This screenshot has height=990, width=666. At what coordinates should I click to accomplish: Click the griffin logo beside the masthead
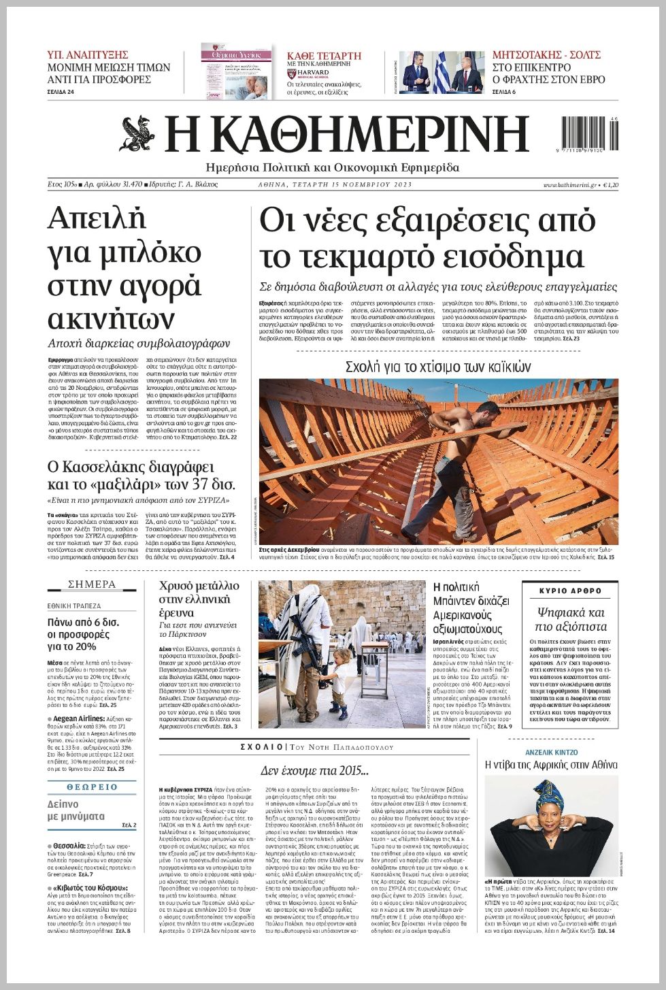coord(139,133)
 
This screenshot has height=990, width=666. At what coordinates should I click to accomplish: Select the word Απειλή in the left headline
coord(97,219)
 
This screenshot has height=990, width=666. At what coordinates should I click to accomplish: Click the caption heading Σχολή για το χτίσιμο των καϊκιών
coord(438,367)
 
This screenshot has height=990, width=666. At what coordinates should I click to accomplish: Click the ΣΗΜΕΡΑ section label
coord(92,584)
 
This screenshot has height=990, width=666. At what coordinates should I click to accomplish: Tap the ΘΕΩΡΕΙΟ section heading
coord(92,787)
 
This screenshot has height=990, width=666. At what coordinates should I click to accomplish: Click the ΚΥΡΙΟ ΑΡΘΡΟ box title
coord(570,591)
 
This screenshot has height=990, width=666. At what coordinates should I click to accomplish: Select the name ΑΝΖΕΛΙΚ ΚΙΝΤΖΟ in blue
coord(551,753)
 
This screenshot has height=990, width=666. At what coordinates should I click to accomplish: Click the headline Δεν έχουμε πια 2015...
coord(314,771)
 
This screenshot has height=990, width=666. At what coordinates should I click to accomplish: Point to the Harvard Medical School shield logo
coord(291,72)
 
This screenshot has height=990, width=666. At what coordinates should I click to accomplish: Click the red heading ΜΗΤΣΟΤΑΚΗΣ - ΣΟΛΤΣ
coord(546,55)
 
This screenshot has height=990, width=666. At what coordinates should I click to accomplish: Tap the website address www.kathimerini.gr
coord(569,185)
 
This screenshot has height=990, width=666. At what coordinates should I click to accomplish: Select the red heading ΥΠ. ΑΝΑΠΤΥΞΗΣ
coord(88,54)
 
